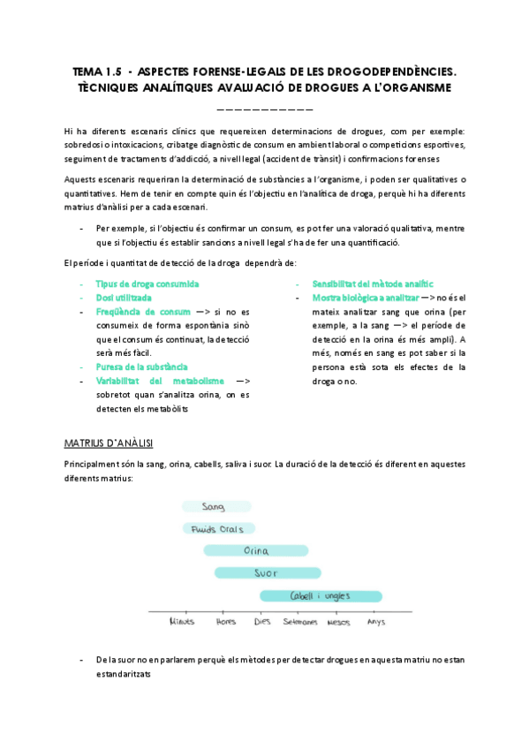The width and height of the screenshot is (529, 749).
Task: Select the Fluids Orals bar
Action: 218,529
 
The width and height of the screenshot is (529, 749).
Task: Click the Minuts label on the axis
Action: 181,622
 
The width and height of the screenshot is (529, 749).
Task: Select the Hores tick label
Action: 226,622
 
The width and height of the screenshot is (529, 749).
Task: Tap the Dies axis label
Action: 262,622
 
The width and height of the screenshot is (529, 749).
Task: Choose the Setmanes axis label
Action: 300,622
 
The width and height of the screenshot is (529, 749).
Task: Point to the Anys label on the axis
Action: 375,622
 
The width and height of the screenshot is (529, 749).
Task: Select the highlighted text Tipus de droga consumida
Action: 147,284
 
